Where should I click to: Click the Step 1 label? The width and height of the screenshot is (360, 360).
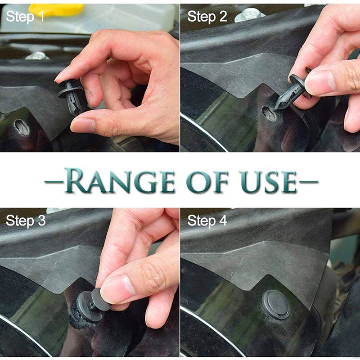tap(25, 17)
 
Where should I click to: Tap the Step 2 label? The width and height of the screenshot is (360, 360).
tap(207, 17)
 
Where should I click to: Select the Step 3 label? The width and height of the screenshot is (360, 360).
tap(26, 220)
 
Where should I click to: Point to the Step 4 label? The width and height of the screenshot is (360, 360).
tap(207, 220)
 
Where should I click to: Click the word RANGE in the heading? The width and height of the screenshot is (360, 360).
tap(119, 181)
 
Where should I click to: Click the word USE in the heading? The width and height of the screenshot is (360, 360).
tap(268, 181)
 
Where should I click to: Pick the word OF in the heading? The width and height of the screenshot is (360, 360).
tap(207, 181)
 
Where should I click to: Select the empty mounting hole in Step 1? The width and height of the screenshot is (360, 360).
tap(22, 127)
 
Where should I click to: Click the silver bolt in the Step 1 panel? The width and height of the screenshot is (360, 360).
tap(37, 56)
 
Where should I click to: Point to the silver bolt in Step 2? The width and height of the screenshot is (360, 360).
tap(250, 15)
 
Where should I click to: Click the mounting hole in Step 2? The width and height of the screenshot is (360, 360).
tap(269, 114)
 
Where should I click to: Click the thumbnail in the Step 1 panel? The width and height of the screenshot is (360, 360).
tap(83, 126)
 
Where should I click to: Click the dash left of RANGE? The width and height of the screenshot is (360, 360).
tap(54, 182)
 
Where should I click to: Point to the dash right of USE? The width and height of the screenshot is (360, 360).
tap(308, 182)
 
